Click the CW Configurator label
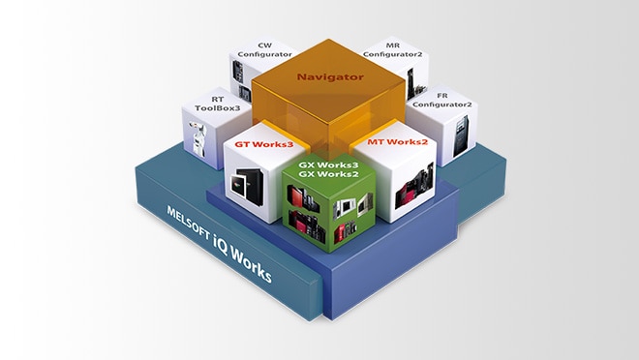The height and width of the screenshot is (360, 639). click(264, 49)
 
